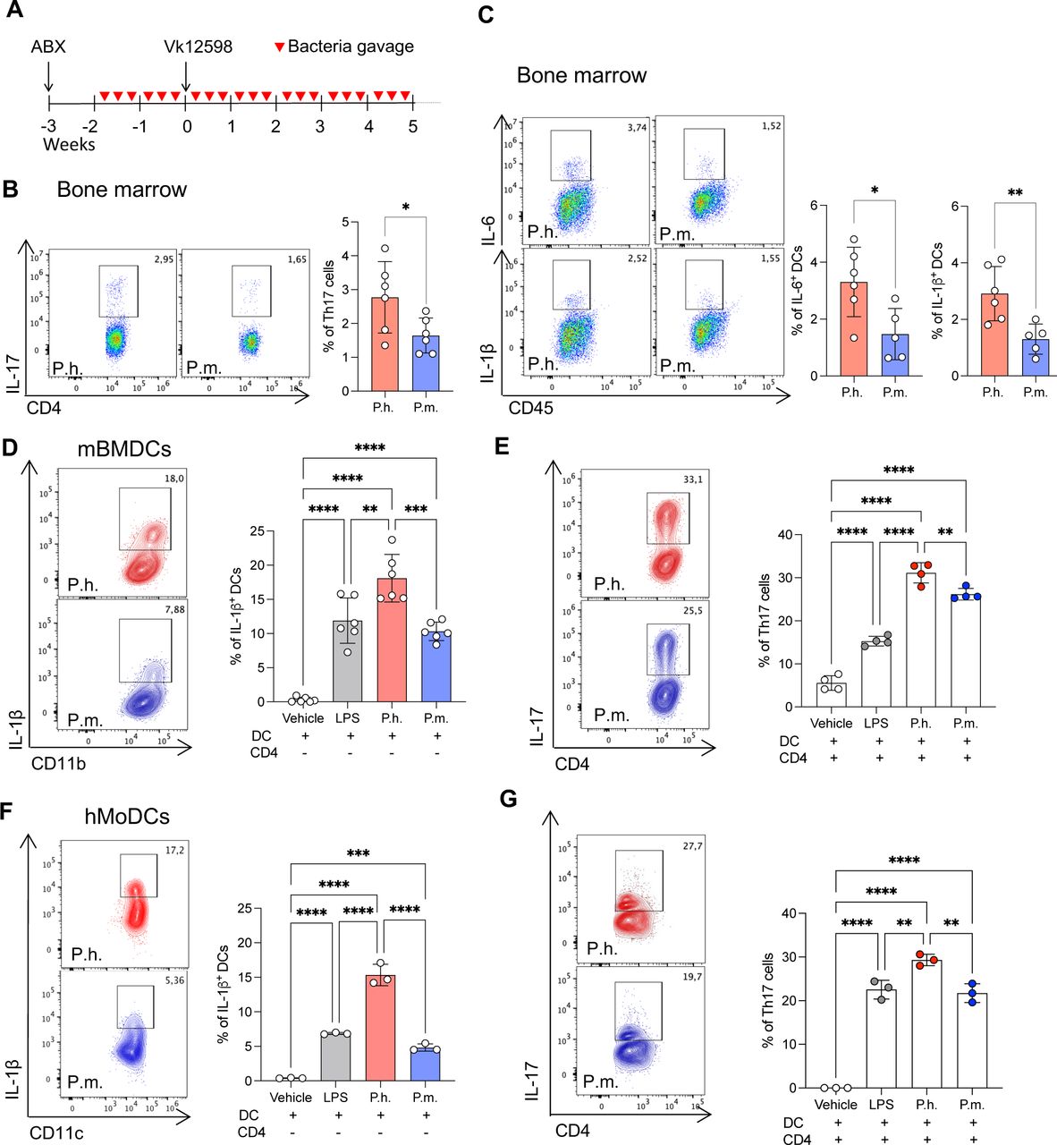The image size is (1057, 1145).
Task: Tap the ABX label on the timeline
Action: coord(48,47)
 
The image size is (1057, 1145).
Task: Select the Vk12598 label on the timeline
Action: coord(198,47)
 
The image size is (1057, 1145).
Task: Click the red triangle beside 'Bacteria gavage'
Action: coord(279,47)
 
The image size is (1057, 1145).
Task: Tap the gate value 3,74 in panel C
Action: coord(636,128)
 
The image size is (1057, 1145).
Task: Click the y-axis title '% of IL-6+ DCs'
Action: coord(797,291)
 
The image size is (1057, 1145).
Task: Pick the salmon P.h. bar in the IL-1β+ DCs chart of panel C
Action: coord(993,335)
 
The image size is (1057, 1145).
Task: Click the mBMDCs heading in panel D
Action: coord(123,449)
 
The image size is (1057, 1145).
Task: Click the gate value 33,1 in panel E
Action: coord(692,479)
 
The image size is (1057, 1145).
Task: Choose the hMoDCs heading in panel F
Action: coord(127,816)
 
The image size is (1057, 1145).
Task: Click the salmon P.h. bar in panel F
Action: coord(380,1028)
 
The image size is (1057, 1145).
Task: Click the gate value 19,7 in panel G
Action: coord(691,977)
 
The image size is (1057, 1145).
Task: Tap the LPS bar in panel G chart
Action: coord(882,1038)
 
